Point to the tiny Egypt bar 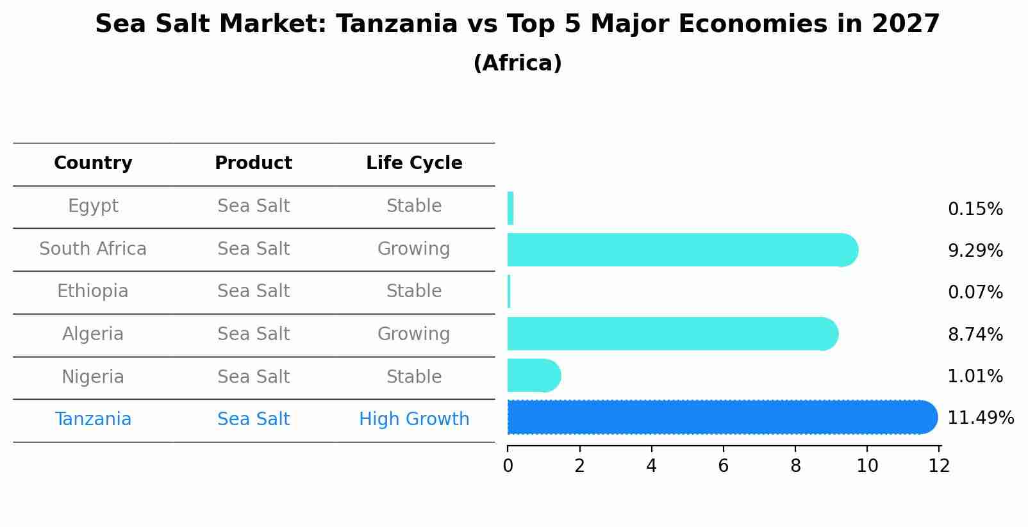click(510, 208)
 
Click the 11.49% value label click(980, 418)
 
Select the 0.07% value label click(975, 293)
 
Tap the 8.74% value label click(975, 334)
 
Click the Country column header click(93, 163)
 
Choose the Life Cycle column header click(414, 163)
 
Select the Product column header click(253, 163)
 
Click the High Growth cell click(414, 419)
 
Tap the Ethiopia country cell click(93, 291)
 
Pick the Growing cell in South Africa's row click(414, 248)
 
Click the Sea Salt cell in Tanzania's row click(253, 419)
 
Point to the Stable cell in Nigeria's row click(414, 377)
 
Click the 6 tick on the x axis click(724, 466)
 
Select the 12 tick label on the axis click(939, 466)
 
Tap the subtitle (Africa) click(517, 63)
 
